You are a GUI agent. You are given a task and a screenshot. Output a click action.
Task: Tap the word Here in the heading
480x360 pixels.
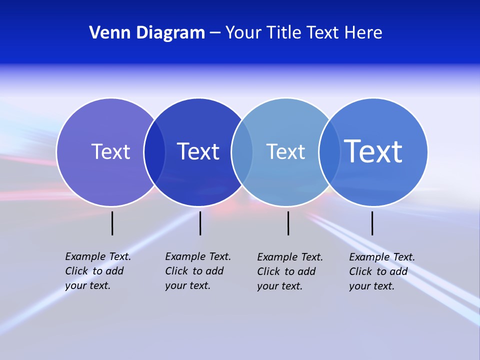coord(363,33)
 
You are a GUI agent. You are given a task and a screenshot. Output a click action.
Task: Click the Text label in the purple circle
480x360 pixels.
coord(110,151)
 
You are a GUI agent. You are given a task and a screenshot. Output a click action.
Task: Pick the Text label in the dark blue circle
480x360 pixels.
coord(198,151)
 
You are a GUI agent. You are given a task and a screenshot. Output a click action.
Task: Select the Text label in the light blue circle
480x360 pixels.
coord(285,151)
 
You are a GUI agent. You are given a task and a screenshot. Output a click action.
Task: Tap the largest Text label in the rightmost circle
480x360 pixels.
coord(373,151)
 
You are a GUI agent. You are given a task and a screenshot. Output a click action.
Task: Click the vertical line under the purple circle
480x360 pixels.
coord(112,223)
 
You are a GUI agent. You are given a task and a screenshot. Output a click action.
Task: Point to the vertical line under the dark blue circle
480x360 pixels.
coord(200,223)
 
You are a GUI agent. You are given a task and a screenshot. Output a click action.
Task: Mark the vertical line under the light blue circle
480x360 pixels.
coord(288,223)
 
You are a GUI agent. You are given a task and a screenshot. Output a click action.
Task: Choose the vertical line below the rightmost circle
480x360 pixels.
coord(372,223)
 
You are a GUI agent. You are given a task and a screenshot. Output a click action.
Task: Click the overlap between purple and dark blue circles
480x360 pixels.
coord(154,152)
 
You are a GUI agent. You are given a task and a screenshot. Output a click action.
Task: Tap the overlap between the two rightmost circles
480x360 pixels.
coord(329,152)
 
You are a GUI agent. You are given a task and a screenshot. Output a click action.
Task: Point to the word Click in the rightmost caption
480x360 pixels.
coord(360,271)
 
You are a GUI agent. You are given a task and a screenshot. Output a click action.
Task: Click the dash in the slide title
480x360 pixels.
coord(215,33)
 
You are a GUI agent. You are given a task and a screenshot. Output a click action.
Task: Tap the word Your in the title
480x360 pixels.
coord(243,33)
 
